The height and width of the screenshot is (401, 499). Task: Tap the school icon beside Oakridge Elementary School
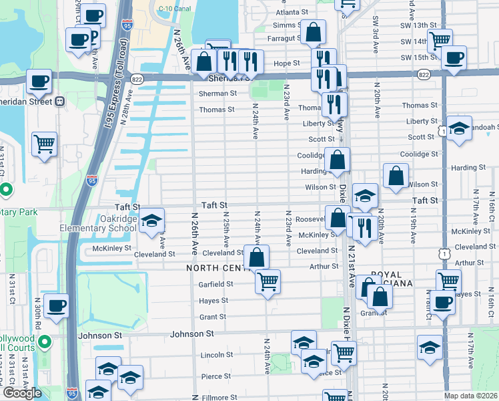coord(152,220)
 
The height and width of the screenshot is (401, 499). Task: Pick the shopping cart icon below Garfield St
coord(268,282)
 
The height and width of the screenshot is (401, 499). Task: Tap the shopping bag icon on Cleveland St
coord(256,257)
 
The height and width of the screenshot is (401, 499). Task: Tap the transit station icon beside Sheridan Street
coord(60,102)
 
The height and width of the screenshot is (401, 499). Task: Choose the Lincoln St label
coord(215,355)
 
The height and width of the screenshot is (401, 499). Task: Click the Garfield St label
coord(215,284)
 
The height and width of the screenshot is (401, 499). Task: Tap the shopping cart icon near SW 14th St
coord(440,41)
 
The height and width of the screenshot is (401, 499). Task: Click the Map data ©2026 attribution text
coord(471,396)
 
